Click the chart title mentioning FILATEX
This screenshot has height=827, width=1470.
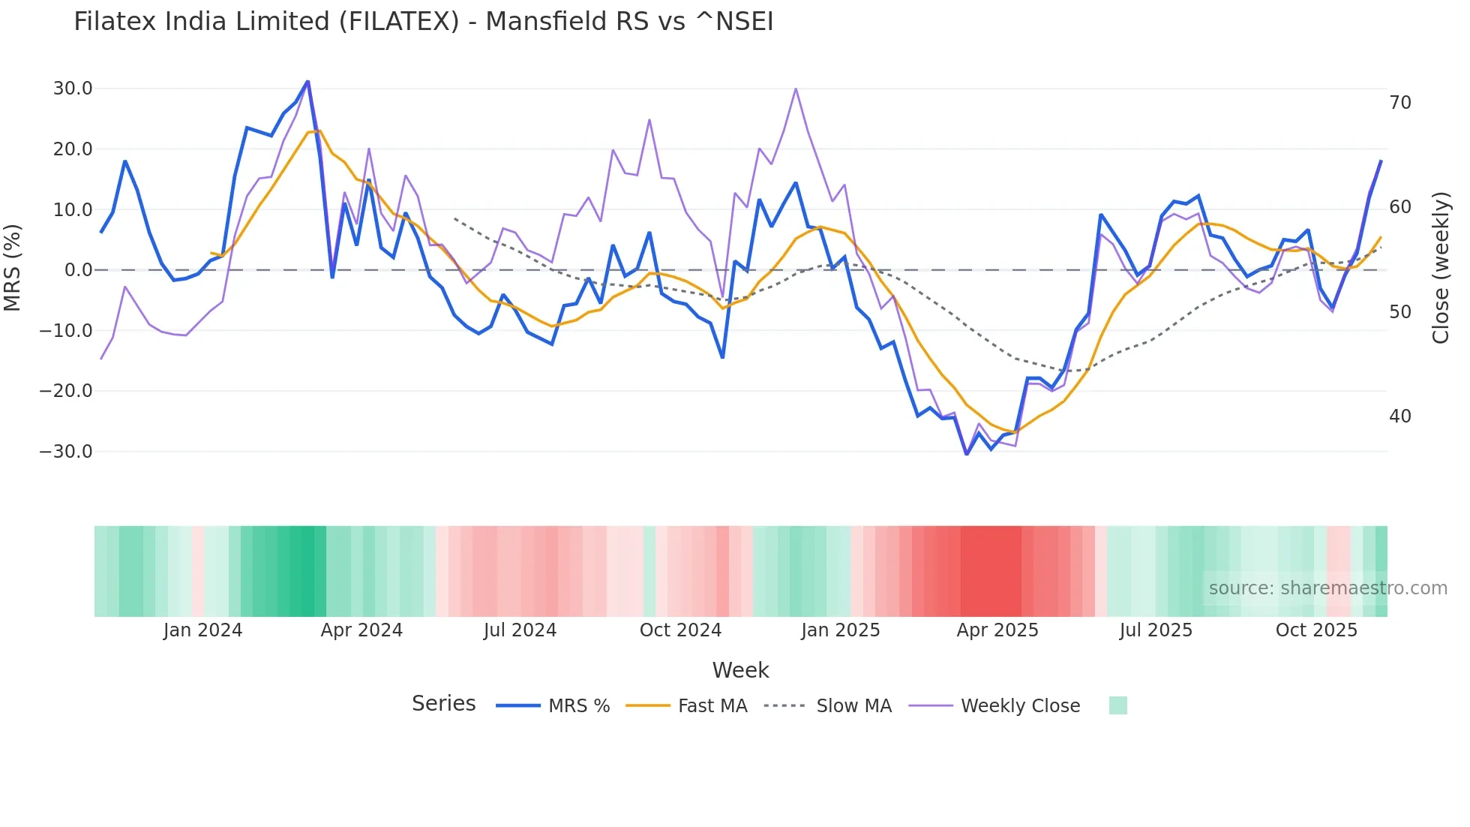423,22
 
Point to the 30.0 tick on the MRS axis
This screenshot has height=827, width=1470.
73,89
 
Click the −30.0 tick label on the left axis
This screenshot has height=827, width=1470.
66,452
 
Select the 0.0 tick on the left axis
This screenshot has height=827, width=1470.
78,270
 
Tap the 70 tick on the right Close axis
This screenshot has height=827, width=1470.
1400,103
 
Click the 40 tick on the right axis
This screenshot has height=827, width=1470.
1400,417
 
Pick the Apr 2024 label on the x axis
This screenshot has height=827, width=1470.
361,630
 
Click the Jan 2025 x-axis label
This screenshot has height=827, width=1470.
840,630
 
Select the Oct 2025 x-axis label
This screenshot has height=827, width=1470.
1316,630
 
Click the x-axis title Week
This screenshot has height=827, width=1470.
740,670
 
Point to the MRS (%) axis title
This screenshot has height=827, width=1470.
13,267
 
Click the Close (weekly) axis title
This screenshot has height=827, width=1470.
1441,267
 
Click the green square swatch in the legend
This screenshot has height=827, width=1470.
1117,705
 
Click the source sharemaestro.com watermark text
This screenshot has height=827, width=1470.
1327,588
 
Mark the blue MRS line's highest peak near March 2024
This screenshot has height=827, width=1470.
307,81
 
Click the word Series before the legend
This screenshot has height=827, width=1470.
443,704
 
